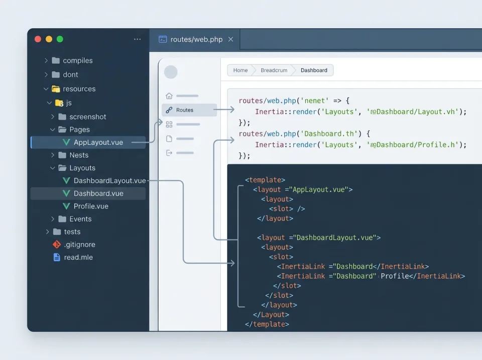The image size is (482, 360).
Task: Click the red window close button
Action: (x=38, y=39)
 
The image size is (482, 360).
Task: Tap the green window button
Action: (x=60, y=39)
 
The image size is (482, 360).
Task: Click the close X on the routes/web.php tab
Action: (x=231, y=39)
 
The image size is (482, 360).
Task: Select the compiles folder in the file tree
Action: (x=77, y=61)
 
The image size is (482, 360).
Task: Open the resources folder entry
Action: (x=79, y=89)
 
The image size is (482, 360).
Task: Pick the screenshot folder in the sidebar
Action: (x=87, y=116)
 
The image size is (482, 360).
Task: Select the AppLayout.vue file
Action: (x=98, y=142)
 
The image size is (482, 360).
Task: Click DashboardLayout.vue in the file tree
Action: (x=109, y=181)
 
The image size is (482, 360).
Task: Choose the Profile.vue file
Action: (x=91, y=206)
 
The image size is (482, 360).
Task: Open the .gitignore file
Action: (x=79, y=245)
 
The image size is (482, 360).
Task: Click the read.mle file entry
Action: (x=78, y=258)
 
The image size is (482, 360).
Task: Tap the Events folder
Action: (x=80, y=219)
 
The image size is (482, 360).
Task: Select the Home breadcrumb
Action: (x=240, y=70)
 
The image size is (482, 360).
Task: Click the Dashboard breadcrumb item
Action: (x=314, y=70)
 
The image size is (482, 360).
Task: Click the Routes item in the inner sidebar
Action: (x=184, y=110)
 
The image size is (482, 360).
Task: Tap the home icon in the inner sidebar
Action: (x=169, y=96)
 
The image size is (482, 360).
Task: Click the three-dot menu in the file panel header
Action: (x=138, y=39)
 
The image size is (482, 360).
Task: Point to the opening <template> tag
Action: (x=265, y=180)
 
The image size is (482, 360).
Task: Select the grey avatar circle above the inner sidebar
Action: (x=171, y=72)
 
